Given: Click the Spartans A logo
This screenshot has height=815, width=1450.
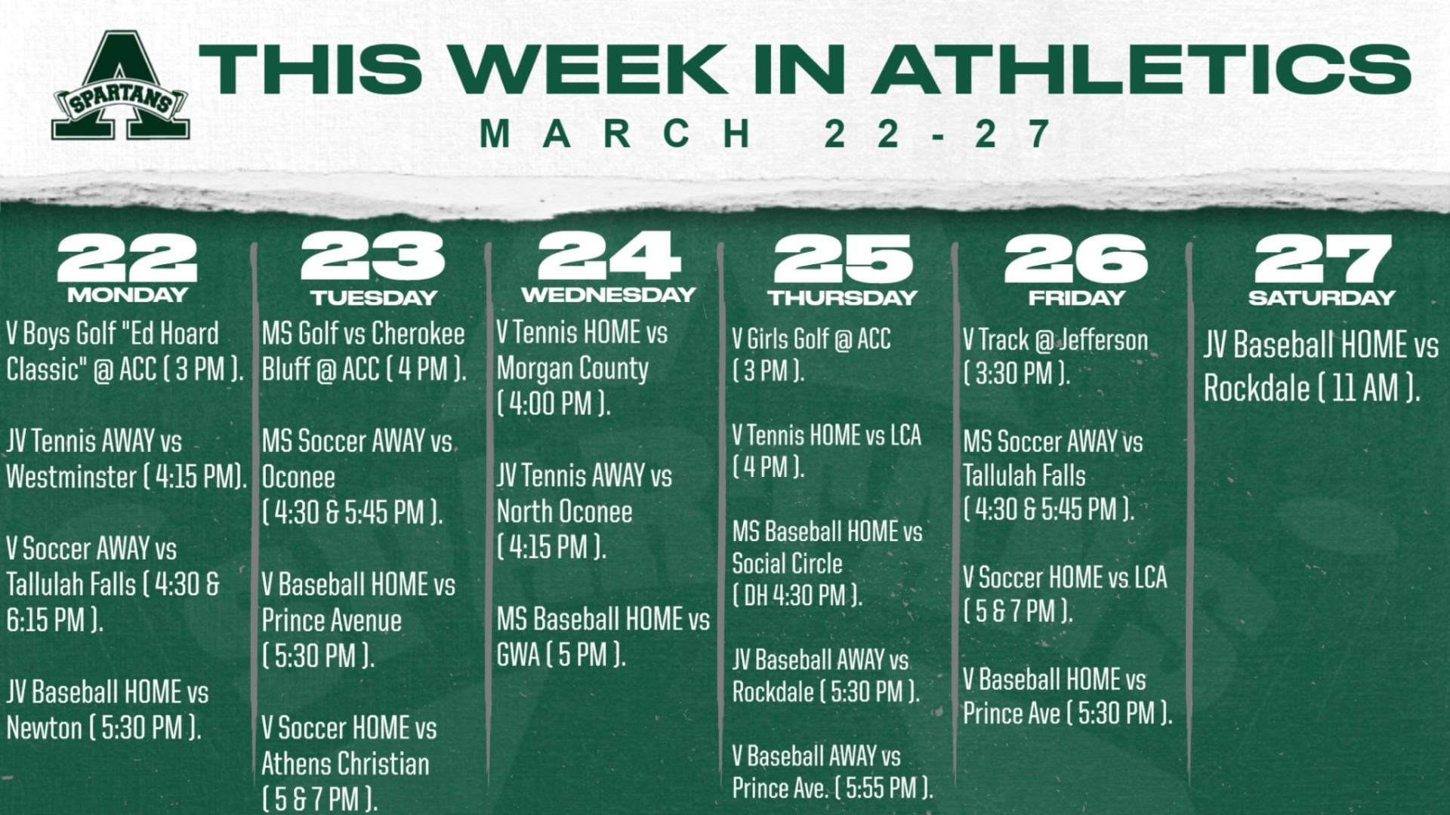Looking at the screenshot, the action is point(121,86).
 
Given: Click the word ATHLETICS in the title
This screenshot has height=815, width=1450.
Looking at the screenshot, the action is point(1145,69).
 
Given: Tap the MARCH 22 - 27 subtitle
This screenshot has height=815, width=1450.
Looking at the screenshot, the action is point(766,134).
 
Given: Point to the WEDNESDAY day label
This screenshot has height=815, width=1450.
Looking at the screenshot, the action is point(608,294).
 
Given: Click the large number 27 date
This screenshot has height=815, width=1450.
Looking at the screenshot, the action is point(1322,258).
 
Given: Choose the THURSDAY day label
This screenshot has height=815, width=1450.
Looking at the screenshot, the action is point(843,297).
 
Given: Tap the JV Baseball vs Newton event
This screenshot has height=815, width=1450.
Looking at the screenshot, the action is point(107,710).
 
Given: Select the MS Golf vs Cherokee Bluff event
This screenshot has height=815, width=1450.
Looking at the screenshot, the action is point(364,351).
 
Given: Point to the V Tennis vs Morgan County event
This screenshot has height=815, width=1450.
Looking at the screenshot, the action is point(582,368).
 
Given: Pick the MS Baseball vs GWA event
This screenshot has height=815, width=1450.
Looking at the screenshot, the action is point(603,637).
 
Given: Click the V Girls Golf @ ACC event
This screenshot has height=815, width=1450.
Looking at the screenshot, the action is point(811,355).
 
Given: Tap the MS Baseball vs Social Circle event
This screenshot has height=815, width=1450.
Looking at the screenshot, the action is point(827,564).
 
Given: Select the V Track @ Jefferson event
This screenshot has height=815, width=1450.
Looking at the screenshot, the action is point(1055,356).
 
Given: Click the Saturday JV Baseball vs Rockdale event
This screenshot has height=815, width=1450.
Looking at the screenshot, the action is point(1321,367).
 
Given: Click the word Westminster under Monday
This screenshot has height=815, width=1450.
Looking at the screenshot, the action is point(72,477).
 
